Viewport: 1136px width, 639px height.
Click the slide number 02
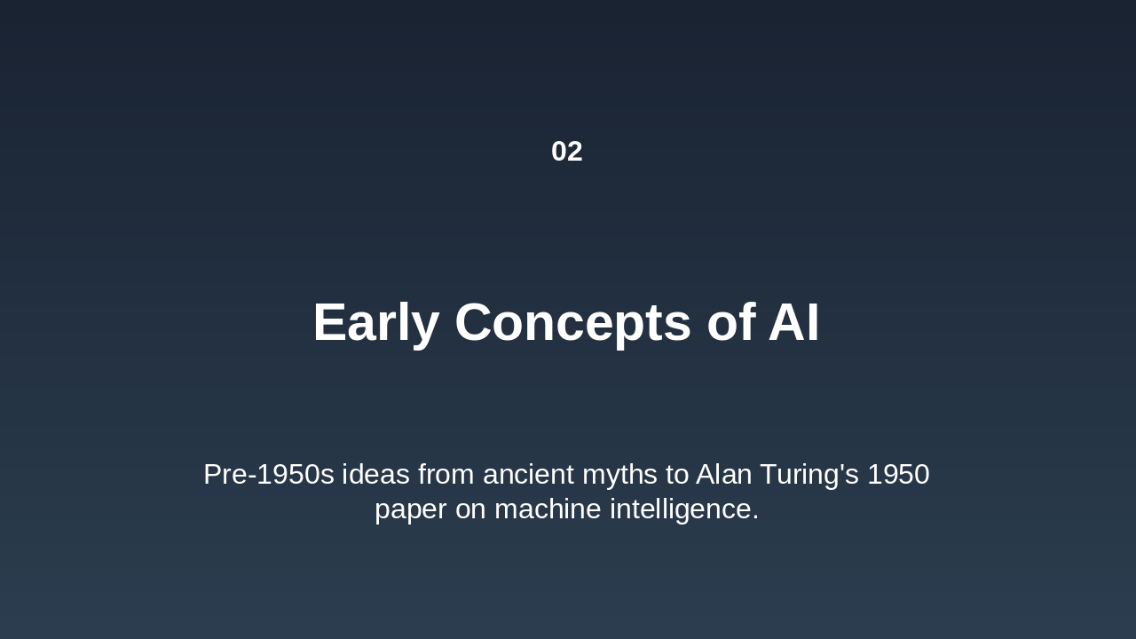click(566, 152)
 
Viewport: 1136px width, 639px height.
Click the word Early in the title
click(375, 322)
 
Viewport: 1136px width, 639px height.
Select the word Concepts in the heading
click(572, 322)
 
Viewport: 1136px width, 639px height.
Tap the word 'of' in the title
click(730, 322)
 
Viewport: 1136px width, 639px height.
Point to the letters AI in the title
click(793, 322)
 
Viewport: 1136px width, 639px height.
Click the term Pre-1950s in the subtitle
click(268, 475)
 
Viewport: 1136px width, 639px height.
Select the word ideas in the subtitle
click(375, 475)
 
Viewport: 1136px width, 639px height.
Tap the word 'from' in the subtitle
click(446, 475)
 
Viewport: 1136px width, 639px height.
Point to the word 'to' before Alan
click(677, 475)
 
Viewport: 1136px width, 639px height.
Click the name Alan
click(722, 475)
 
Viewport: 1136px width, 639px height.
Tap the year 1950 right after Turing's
click(898, 475)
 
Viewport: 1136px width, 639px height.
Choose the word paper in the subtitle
click(411, 509)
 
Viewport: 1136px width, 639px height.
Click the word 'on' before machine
click(470, 509)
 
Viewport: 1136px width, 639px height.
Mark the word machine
click(548, 509)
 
